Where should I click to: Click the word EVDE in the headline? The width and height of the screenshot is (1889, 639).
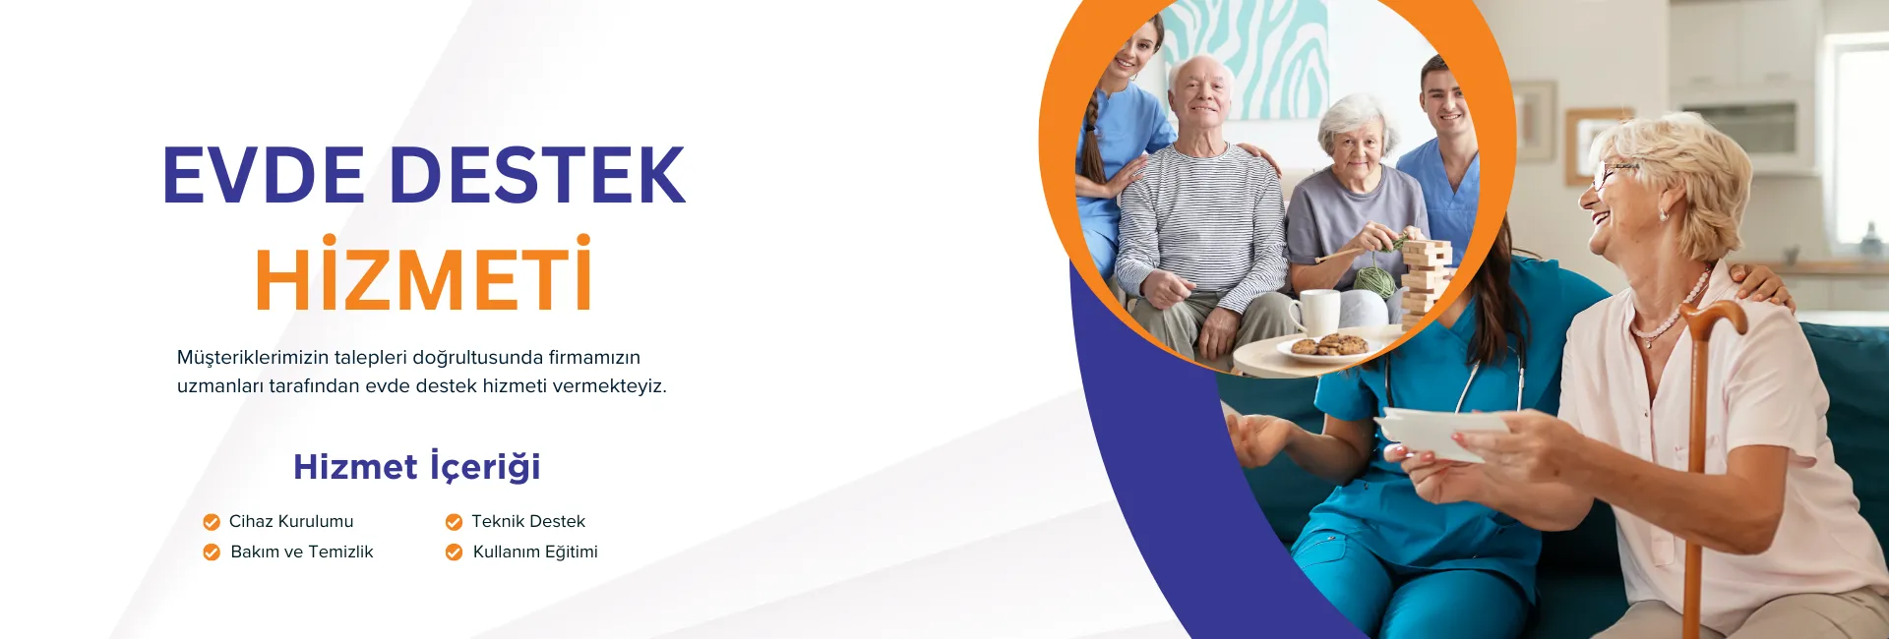pyautogui.click(x=264, y=175)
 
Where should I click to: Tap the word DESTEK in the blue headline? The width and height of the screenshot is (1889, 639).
pyautogui.click(x=538, y=175)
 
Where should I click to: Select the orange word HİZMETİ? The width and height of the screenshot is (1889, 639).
pyautogui.click(x=424, y=274)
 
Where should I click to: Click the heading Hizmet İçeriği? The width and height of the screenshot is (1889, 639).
pyautogui.click(x=417, y=466)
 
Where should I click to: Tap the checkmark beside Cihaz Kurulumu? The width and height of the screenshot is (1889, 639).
pyautogui.click(x=212, y=522)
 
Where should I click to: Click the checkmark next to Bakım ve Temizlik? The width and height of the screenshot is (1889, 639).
pyautogui.click(x=212, y=552)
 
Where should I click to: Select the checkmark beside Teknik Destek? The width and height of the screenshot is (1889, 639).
pyautogui.click(x=454, y=522)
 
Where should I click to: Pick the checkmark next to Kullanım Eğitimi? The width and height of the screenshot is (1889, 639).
pyautogui.click(x=454, y=552)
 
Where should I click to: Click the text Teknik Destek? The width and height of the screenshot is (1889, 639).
pyautogui.click(x=528, y=521)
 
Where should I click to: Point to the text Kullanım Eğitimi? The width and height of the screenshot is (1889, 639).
pyautogui.click(x=535, y=552)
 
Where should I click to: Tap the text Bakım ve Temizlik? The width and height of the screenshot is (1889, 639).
pyautogui.click(x=302, y=552)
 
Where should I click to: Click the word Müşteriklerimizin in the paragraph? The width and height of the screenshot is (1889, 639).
pyautogui.click(x=253, y=357)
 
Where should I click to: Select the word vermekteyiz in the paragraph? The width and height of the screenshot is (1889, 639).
pyautogui.click(x=609, y=385)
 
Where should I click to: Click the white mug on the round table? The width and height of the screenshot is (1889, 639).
pyautogui.click(x=1315, y=312)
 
